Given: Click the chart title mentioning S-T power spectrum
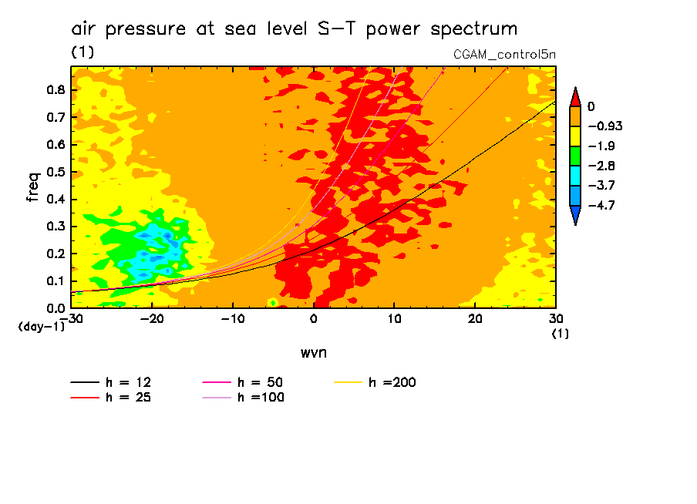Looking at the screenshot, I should [x=294, y=29].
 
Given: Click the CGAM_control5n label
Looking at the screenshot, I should [x=504, y=55].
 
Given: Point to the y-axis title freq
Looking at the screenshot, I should [x=33, y=186].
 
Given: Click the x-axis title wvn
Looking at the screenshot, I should [x=313, y=352].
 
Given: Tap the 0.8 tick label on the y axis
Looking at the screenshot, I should [x=56, y=89].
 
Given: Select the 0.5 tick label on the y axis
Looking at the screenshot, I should [x=56, y=172].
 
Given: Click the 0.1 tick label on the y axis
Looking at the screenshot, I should [x=56, y=281].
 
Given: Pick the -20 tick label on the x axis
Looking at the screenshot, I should [x=151, y=319].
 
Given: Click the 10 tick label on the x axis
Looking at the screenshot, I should [x=394, y=319].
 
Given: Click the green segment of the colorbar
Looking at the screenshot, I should [x=574, y=156].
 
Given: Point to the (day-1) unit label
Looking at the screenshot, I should [x=42, y=327].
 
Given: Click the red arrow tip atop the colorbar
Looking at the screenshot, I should [x=574, y=97].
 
